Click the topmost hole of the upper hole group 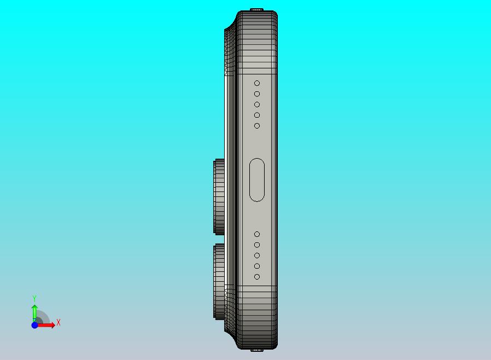click(x=257, y=83)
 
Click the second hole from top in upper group click(x=257, y=94)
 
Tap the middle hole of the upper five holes click(x=257, y=104)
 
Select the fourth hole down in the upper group click(x=257, y=115)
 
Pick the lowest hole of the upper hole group click(x=257, y=126)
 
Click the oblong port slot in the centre click(x=256, y=180)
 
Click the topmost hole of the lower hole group click(x=257, y=234)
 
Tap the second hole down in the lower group click(x=257, y=245)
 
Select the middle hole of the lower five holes click(x=257, y=256)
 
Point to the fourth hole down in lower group click(x=257, y=266)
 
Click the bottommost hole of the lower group click(x=257, y=277)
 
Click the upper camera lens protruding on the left click(x=219, y=196)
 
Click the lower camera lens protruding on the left click(x=219, y=281)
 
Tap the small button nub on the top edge click(x=257, y=10)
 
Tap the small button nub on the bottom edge click(x=257, y=350)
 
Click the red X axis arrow click(x=48, y=325)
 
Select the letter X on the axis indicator click(x=59, y=323)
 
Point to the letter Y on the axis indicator click(x=34, y=299)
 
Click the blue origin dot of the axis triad click(x=34, y=325)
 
